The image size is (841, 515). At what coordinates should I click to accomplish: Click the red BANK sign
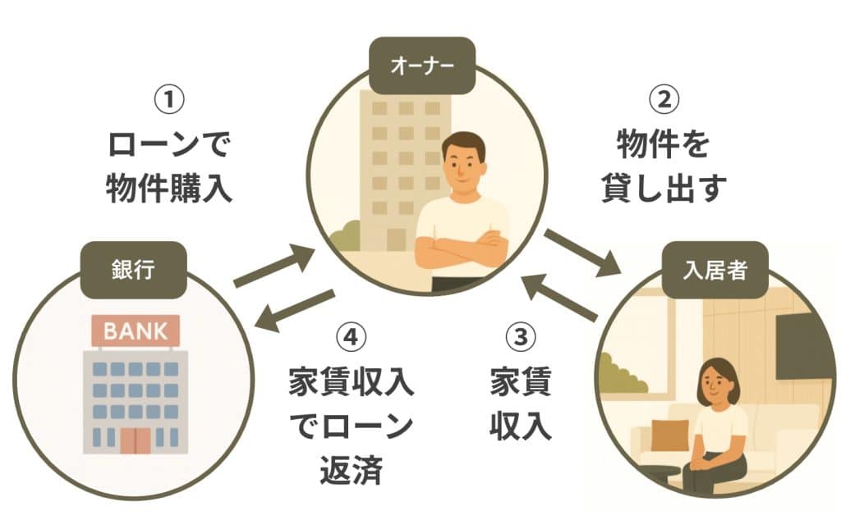pyautogui.click(x=135, y=332)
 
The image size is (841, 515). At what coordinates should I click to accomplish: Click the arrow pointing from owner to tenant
pyautogui.click(x=581, y=253)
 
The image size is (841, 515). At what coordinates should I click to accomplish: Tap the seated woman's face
pyautogui.click(x=717, y=385)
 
